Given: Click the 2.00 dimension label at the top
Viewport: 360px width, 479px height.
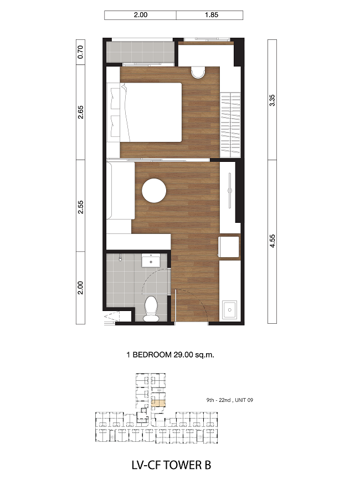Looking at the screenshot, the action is [x=141, y=14].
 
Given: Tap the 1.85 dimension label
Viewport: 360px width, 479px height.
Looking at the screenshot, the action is [x=212, y=14].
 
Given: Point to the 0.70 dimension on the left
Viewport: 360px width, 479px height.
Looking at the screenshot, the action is [x=80, y=52].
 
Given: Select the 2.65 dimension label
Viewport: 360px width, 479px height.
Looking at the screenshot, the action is [x=80, y=112].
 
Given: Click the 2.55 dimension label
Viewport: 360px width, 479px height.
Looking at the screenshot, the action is [x=80, y=207].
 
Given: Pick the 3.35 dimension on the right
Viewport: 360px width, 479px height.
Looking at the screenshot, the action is [x=272, y=100].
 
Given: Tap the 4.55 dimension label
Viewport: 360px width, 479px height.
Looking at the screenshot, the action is [x=272, y=241].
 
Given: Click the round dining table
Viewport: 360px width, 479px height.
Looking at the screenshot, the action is [x=154, y=191].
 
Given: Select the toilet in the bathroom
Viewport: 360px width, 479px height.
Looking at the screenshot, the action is [x=151, y=309].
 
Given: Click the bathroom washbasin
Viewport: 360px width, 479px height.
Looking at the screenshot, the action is [x=151, y=261].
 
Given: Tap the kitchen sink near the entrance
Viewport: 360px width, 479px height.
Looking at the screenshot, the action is [x=229, y=310].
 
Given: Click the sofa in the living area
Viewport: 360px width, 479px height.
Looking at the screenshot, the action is [x=121, y=191].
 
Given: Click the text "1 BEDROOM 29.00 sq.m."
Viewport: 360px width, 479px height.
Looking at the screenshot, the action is [x=170, y=355].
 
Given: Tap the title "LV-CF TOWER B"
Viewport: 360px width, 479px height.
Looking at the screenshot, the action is [x=171, y=465].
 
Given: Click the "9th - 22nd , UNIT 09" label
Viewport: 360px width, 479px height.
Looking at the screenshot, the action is [x=229, y=400].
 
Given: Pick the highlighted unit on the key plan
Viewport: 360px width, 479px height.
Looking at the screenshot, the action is [x=158, y=403].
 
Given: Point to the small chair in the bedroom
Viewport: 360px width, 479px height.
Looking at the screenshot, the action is [x=198, y=72].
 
